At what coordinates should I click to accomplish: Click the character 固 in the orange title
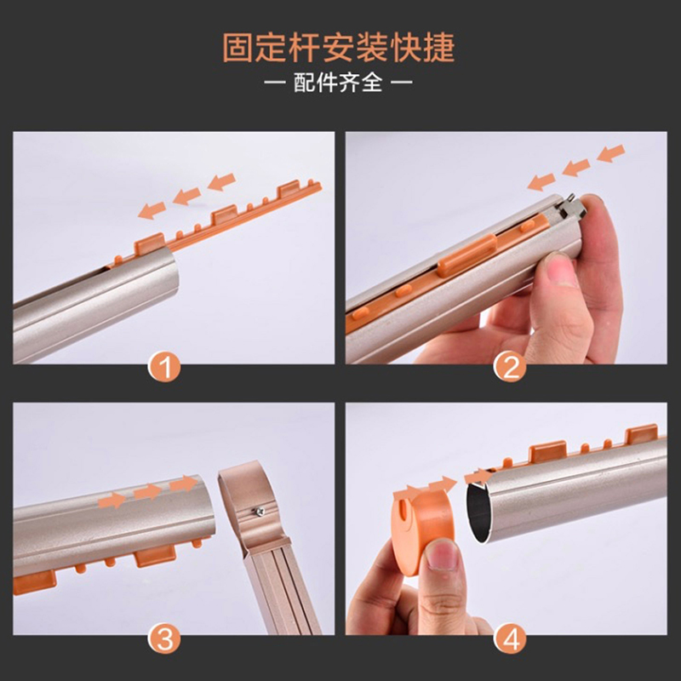pos(237,48)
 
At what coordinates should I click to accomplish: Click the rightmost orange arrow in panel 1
pos(221,181)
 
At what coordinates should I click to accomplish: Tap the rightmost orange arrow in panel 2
pos(610,153)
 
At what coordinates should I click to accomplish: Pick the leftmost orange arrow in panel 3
pos(112,501)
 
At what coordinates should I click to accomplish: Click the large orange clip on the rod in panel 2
pos(466,254)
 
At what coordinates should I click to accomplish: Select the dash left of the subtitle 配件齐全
pos(275,83)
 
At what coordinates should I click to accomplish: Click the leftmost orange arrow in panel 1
pos(154,209)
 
